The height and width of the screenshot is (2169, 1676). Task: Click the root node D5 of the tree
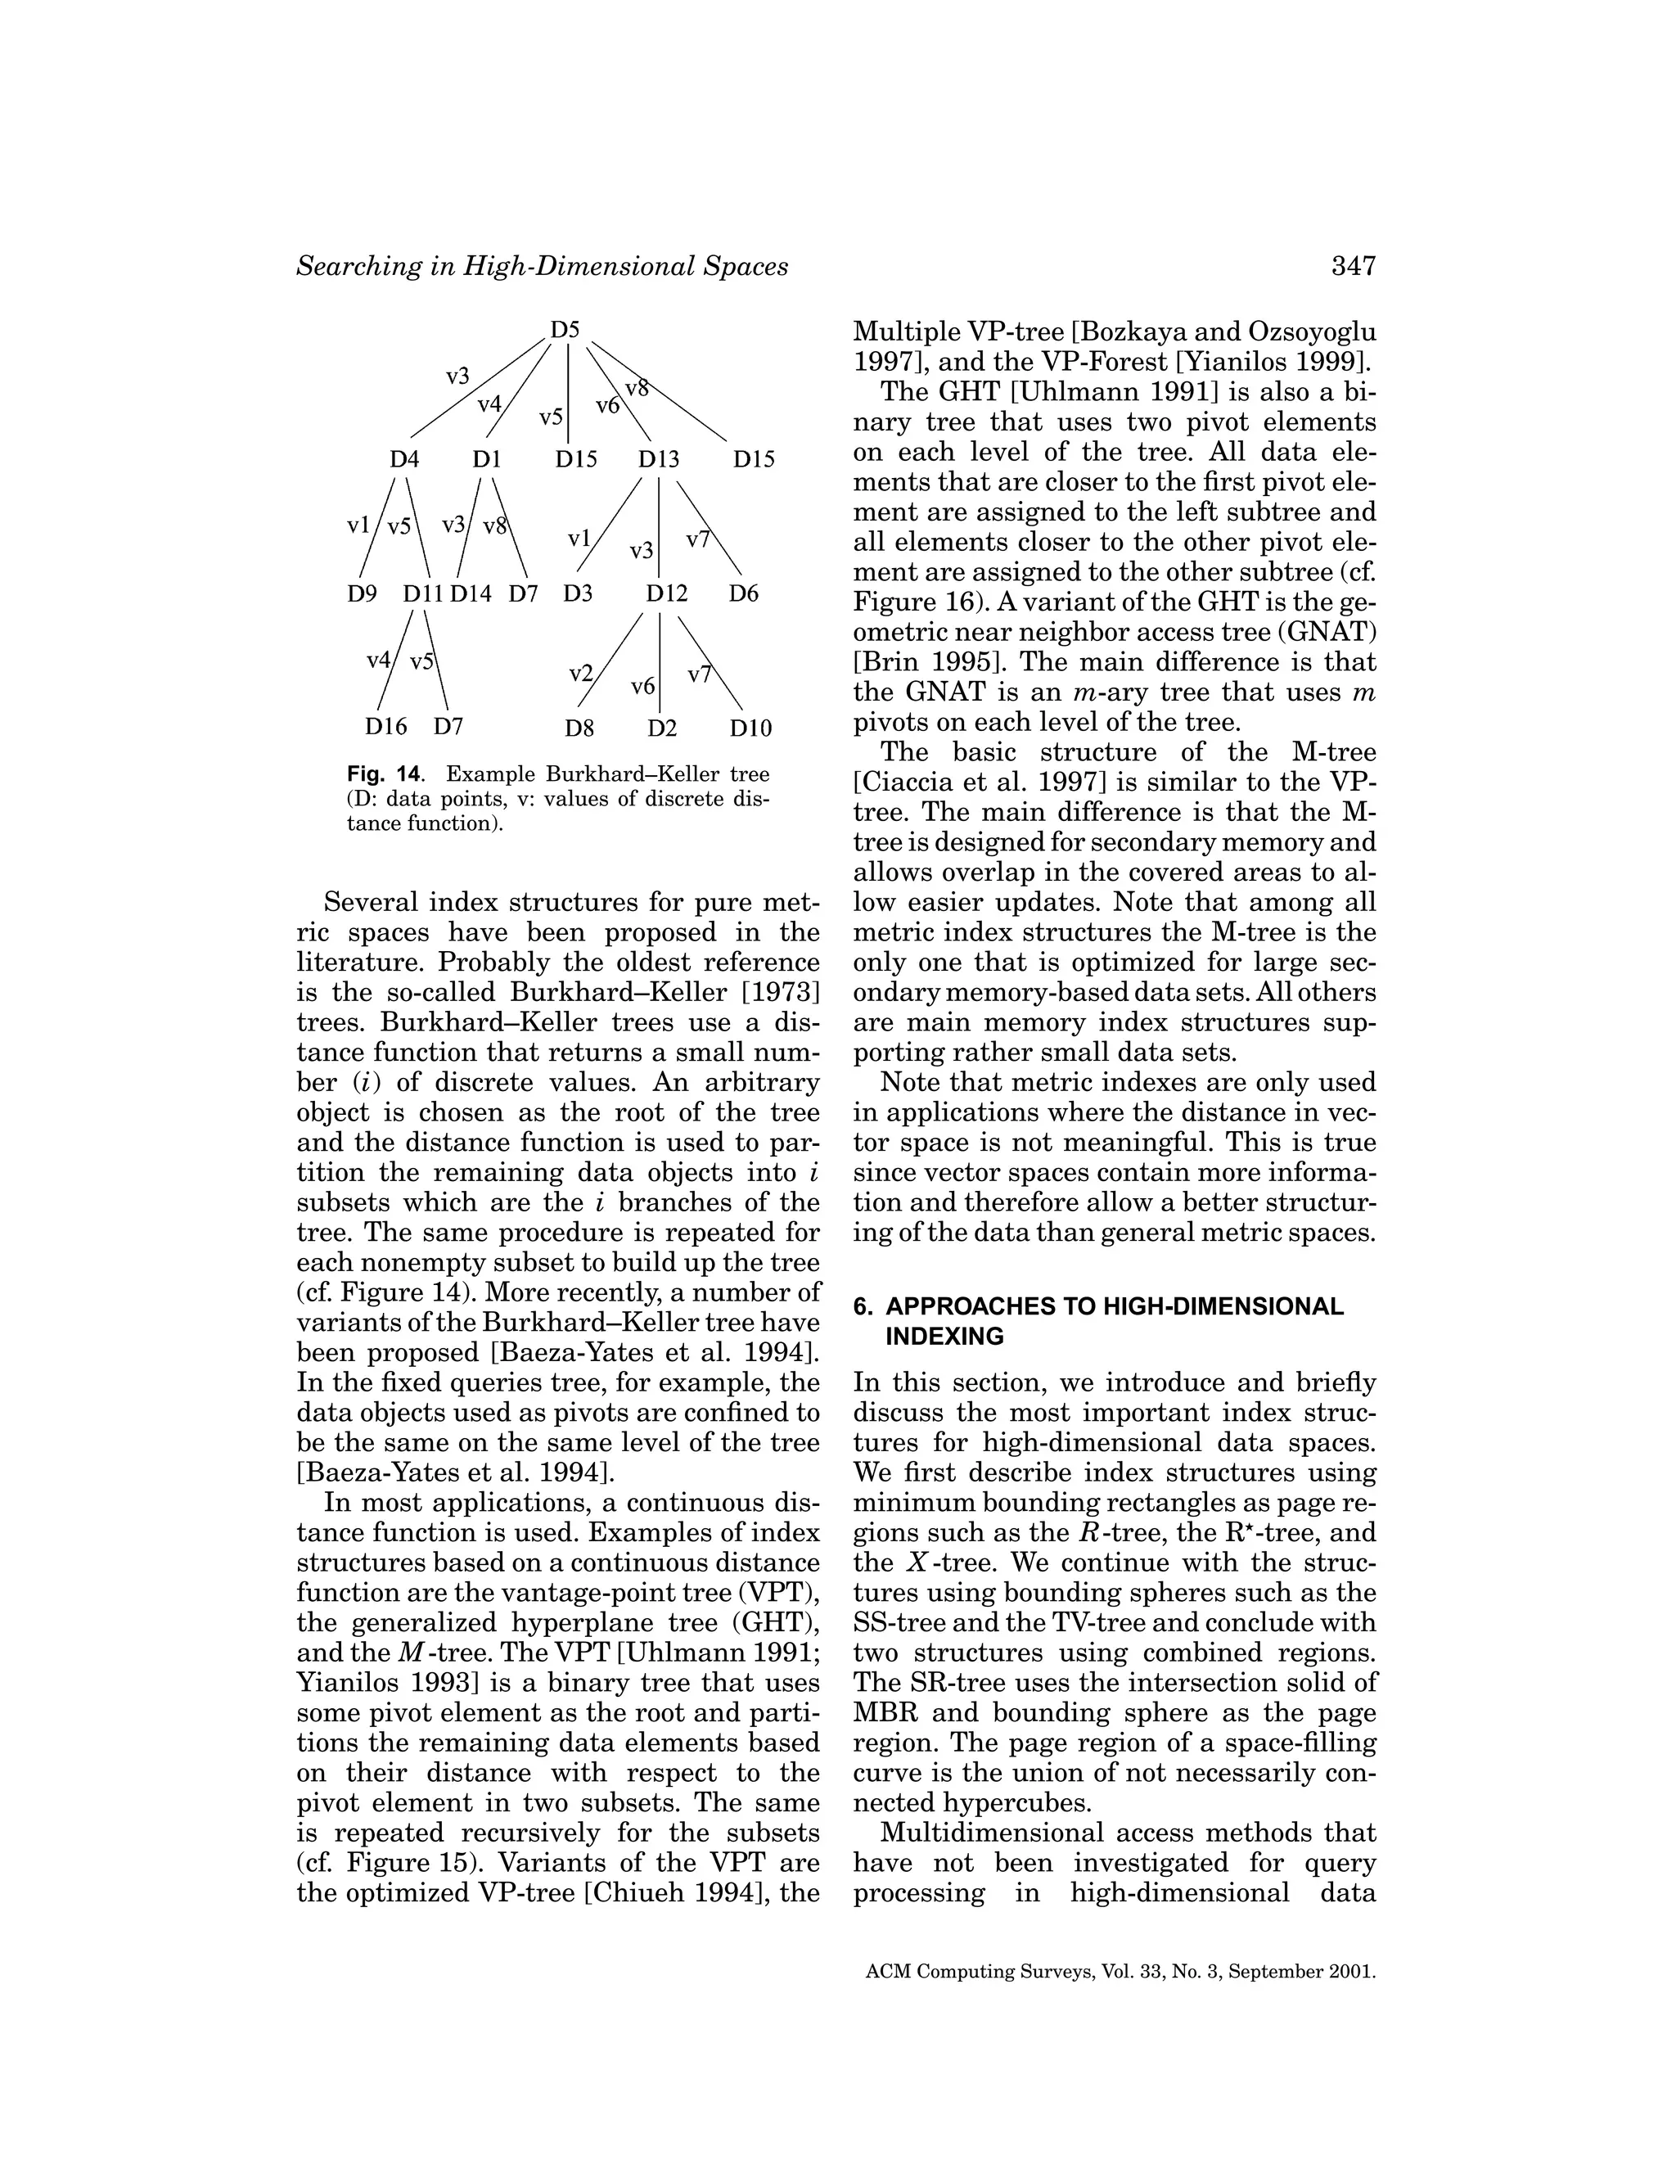pyautogui.click(x=565, y=330)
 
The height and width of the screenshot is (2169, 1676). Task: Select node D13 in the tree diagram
pyautogui.click(x=658, y=460)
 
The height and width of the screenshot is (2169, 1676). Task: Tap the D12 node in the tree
pyautogui.click(x=666, y=594)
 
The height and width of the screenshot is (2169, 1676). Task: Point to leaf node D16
pyautogui.click(x=386, y=727)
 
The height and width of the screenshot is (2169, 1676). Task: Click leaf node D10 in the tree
pyautogui.click(x=750, y=729)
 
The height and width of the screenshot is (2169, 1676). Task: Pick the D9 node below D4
pyautogui.click(x=362, y=594)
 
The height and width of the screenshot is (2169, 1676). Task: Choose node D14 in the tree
pyautogui.click(x=471, y=594)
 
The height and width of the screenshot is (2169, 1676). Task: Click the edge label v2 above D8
pyautogui.click(x=580, y=674)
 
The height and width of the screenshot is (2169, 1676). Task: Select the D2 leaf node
pyautogui.click(x=662, y=729)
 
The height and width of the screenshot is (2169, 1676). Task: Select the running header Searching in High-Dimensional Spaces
pyautogui.click(x=542, y=266)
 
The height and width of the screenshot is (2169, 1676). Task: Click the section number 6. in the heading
pyautogui.click(x=863, y=1307)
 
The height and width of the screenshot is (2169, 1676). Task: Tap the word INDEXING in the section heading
pyautogui.click(x=944, y=1337)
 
